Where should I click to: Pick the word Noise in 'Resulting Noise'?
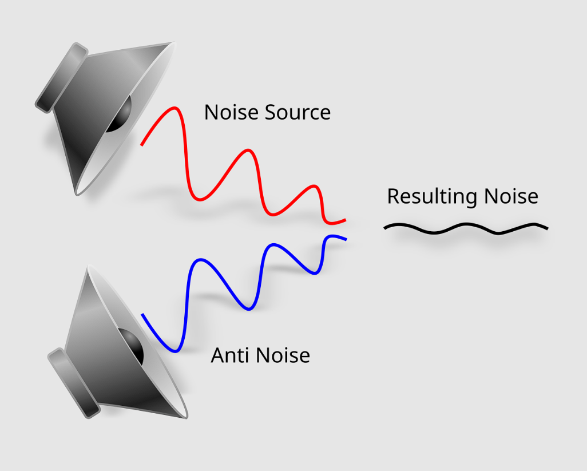pyautogui.click(x=511, y=196)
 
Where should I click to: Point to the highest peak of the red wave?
pyautogui.click(x=174, y=108)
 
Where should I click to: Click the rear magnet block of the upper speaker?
pyautogui.click(x=61, y=77)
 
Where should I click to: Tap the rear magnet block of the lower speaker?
pyautogui.click(x=74, y=383)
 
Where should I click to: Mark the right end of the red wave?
pyautogui.click(x=345, y=220)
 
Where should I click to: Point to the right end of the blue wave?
pyautogui.click(x=346, y=239)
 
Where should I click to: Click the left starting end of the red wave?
pyautogui.click(x=142, y=144)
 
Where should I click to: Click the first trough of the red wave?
pyautogui.click(x=200, y=199)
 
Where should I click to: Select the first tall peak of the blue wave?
pyautogui.click(x=201, y=259)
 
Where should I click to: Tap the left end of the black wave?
pyautogui.click(x=385, y=228)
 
